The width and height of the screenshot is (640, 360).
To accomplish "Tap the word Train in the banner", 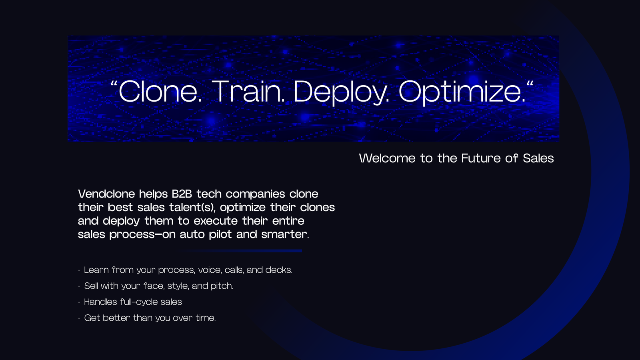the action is point(248,91).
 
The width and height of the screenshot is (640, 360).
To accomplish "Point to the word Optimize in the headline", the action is point(462,93).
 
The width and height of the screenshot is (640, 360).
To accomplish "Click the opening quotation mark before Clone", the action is point(114,84).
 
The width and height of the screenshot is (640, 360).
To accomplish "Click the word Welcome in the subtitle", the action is point(387,158).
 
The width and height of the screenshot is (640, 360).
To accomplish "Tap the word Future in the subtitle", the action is point(481,158).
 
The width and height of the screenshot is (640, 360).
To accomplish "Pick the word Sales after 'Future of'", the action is point(538,158).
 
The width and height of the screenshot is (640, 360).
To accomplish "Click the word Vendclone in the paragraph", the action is point(106,194).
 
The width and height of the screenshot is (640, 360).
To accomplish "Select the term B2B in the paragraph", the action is point(182,194).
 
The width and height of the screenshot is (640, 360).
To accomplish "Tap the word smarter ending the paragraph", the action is point(285,234).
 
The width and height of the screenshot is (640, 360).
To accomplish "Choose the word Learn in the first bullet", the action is point(96,270).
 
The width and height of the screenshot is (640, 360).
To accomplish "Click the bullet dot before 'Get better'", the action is point(79,318).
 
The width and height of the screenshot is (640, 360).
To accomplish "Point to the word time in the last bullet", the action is point(206,318).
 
